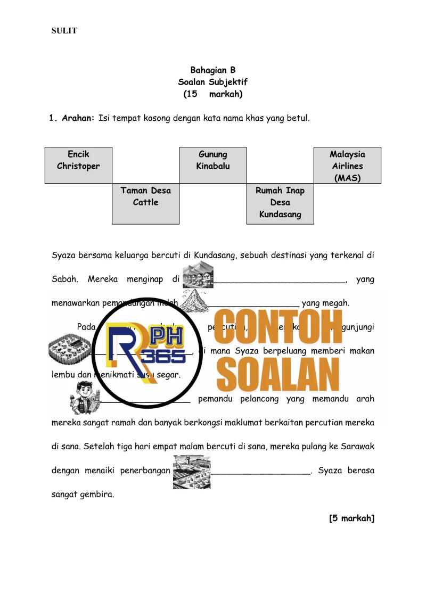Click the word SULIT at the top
pos(64,31)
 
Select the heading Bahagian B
pos(213,70)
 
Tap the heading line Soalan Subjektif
pos(213,82)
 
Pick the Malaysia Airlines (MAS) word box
pos(347,165)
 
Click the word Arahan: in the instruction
pos(78,118)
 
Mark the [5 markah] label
pos(351,518)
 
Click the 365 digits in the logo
pos(165,356)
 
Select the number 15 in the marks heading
pos(190,94)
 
